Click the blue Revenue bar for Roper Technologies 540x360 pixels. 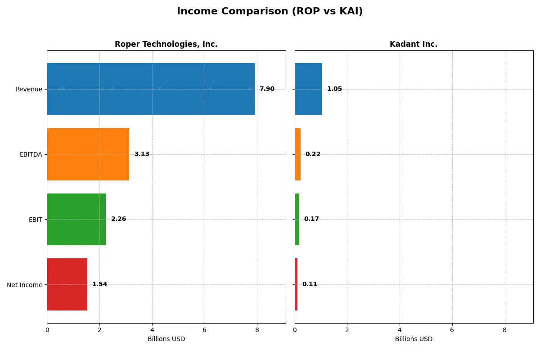tap(151, 89)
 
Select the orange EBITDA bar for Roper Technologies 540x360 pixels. tap(88, 154)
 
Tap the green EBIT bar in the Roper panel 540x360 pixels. tap(76, 219)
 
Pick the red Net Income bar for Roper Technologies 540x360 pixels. tap(67, 284)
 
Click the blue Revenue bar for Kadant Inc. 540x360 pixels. tap(308, 89)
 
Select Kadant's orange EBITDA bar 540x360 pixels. tap(297, 154)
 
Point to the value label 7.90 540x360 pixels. tap(267, 89)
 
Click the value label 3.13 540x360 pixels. tap(142, 154)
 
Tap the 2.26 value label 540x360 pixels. tap(119, 219)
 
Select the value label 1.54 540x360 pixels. tap(100, 284)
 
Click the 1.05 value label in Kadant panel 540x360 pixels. tap(334, 89)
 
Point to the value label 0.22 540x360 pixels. tap(313, 154)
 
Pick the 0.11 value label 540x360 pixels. tap(310, 284)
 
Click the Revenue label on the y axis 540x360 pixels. tap(29, 89)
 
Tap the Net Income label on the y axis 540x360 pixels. tap(25, 285)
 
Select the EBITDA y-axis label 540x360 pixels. tap(31, 154)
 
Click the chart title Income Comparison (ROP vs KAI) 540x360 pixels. tap(270, 12)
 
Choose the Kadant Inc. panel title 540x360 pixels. tap(414, 44)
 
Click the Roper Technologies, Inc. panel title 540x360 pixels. tap(166, 44)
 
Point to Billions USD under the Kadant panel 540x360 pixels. tap(414, 339)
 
